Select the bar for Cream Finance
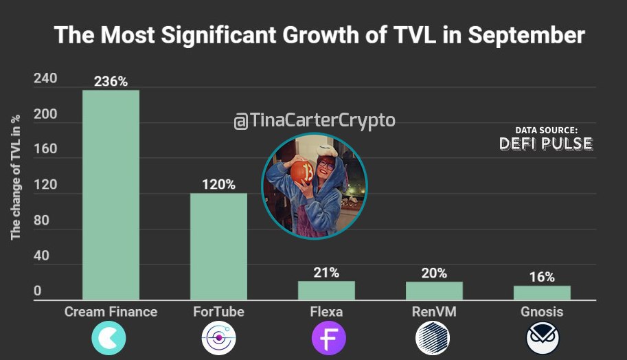[111, 195]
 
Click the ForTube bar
[218, 247]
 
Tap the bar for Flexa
[326, 291]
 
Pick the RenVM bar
[434, 291]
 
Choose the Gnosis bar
[543, 293]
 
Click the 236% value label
[111, 82]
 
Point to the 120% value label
[218, 184]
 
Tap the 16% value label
[542, 277]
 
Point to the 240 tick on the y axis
[45, 78]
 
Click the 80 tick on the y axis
[41, 221]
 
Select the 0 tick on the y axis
[37, 291]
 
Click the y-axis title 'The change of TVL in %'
[15, 178]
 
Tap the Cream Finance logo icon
[109, 338]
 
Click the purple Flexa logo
[329, 338]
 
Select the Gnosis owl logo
[543, 339]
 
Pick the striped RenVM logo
[433, 338]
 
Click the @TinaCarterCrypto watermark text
[315, 120]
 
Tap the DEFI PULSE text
[546, 144]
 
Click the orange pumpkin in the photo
[303, 172]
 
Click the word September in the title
[526, 35]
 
